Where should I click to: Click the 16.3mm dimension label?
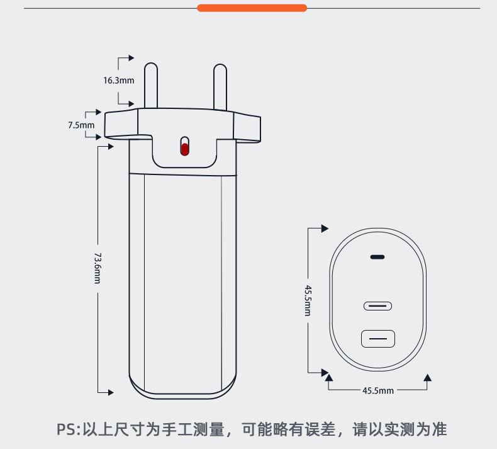point(119,80)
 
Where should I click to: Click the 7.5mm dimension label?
point(81,125)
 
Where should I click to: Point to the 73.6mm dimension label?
point(98,268)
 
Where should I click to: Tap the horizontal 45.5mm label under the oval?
point(377,390)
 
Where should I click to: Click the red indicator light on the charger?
point(184,149)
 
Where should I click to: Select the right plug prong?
point(220,86)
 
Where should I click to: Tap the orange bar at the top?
point(252,8)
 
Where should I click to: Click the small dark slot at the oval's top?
point(377,257)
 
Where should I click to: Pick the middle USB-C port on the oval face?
point(377,306)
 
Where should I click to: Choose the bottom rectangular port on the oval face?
point(377,339)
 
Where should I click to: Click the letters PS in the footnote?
point(65,430)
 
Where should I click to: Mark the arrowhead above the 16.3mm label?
point(131,58)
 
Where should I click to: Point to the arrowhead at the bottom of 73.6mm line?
point(111,392)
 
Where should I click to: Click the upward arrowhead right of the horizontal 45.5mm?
point(428,378)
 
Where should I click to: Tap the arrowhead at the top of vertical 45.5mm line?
point(325,228)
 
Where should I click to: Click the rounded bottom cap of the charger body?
point(183,389)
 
